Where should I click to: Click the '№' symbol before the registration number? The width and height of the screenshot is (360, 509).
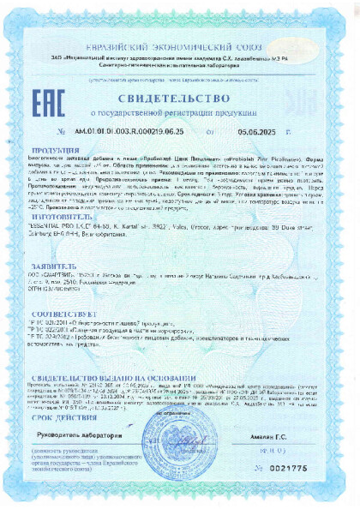point(60,131)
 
